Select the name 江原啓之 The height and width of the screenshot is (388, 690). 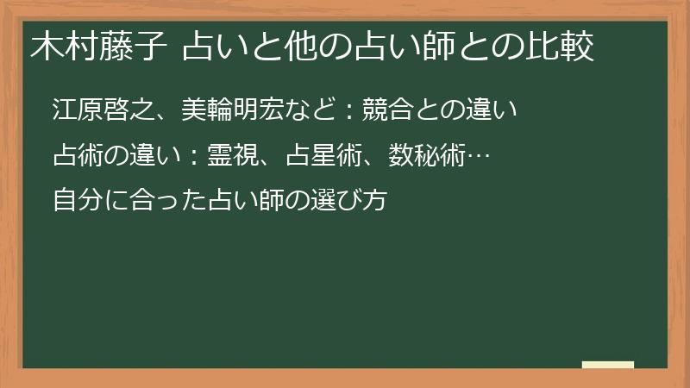click(103, 110)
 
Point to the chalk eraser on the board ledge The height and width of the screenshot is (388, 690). click(607, 365)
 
